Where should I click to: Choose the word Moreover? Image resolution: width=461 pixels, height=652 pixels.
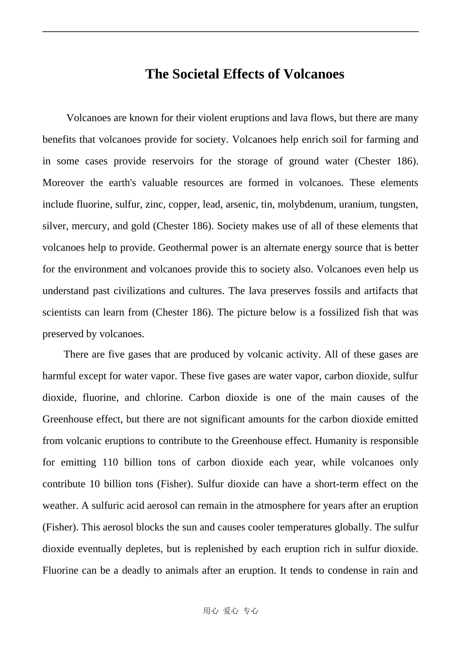coord(63,183)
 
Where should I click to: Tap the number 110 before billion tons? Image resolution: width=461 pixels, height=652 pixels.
coord(110,463)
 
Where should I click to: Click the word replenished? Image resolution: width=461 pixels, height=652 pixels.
coord(219,549)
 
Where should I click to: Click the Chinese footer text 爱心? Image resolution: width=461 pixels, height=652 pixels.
coord(230,611)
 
